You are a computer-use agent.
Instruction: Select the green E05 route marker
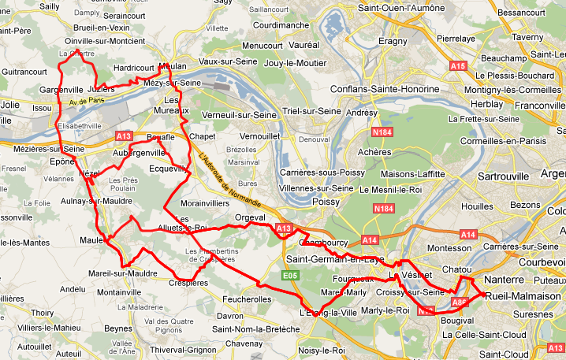(290, 275)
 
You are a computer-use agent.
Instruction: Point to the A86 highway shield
(460, 302)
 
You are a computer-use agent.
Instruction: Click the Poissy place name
(326, 202)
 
